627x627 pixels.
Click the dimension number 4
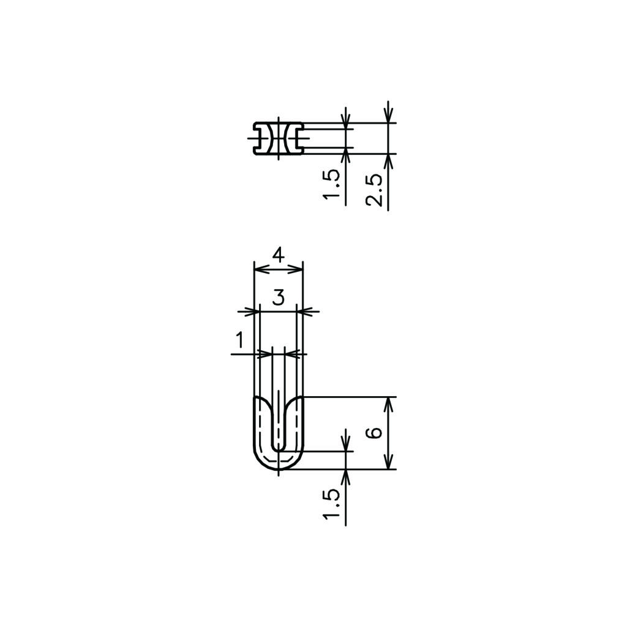pos(279,255)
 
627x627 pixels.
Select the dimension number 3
pos(279,298)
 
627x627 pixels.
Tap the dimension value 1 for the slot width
pos(239,340)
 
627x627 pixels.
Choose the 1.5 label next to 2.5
pos(332,184)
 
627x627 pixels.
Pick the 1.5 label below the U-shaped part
pos(332,505)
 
